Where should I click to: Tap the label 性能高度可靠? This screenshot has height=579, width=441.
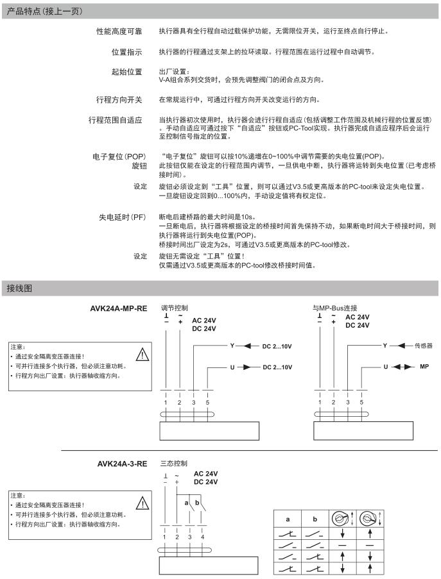pos(120,31)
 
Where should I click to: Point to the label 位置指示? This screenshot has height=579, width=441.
pos(127,51)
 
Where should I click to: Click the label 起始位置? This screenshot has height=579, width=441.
pos(127,71)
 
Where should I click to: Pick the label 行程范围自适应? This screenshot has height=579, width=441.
pos(115,120)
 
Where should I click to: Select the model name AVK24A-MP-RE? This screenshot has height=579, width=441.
pos(119,308)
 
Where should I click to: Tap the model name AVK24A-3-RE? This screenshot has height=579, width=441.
pos(122,462)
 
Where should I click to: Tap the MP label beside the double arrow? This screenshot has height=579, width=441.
pos(424,367)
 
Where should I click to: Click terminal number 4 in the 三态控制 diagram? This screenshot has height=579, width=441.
pos(203,535)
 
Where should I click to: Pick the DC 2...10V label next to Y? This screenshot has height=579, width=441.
pos(277,345)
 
